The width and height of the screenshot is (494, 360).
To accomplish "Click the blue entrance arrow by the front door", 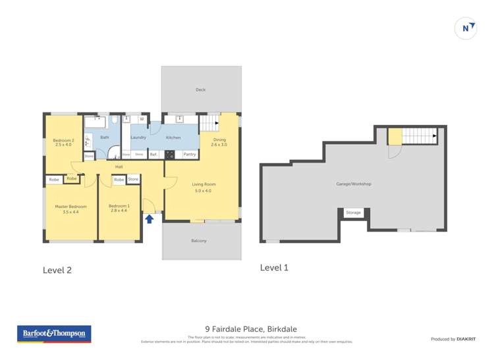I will point(150,219).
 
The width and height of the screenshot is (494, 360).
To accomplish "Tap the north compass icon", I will point(466,28).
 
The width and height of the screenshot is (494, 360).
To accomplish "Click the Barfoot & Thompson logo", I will point(54,334).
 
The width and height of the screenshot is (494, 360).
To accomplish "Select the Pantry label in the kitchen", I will point(190,155).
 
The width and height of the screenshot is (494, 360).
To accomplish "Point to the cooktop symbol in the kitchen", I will point(170,155).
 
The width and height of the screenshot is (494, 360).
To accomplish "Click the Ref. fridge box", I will point(153,155).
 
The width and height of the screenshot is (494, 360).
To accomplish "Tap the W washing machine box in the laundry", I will point(142,119).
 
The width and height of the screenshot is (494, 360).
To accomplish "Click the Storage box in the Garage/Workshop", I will point(354,213).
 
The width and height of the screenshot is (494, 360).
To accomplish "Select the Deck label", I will point(200,90).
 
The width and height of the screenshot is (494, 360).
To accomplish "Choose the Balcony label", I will point(199,241).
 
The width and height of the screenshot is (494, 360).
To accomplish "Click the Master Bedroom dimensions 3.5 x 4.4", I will point(70,212).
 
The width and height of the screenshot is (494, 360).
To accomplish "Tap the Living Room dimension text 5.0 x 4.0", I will point(204,191).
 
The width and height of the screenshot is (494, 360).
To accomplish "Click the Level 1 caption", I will point(274,267).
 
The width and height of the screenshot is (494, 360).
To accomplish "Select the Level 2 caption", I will point(57,269).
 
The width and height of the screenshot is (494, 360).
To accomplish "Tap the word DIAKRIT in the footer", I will point(467,339).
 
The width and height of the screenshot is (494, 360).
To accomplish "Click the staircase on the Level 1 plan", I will point(420,136).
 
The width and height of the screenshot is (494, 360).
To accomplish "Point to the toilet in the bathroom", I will point(113,120).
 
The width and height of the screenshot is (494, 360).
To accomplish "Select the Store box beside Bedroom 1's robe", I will point(133,179).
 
